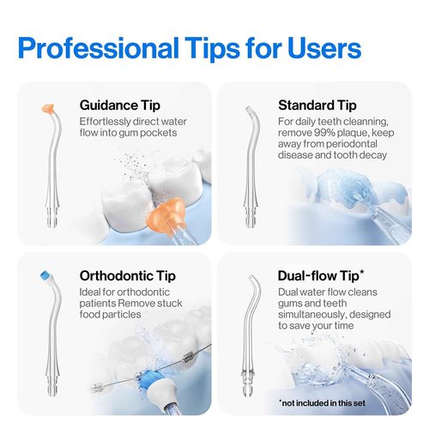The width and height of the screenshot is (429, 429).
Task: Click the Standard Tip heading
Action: click(317, 106)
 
